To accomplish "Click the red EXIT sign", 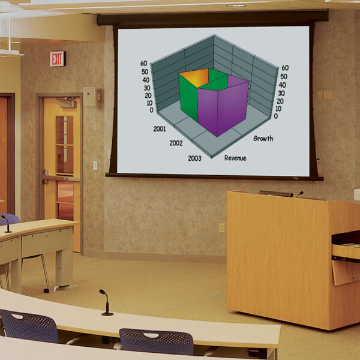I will point(58,59).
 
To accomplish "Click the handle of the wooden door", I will point(47,176).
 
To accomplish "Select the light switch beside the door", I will point(95,165).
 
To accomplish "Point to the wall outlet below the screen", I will point(222,228).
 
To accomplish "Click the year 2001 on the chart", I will point(160,128).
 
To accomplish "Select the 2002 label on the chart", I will point(176,143).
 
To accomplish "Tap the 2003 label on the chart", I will point(194,158).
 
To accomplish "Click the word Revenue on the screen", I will point(235,158).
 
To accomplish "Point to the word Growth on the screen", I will point(263,139).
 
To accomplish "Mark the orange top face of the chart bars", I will point(194,77).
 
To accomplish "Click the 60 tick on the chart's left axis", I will point(144,62).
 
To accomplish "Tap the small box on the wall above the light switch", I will point(89,97).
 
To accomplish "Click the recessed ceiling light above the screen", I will point(236,5).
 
